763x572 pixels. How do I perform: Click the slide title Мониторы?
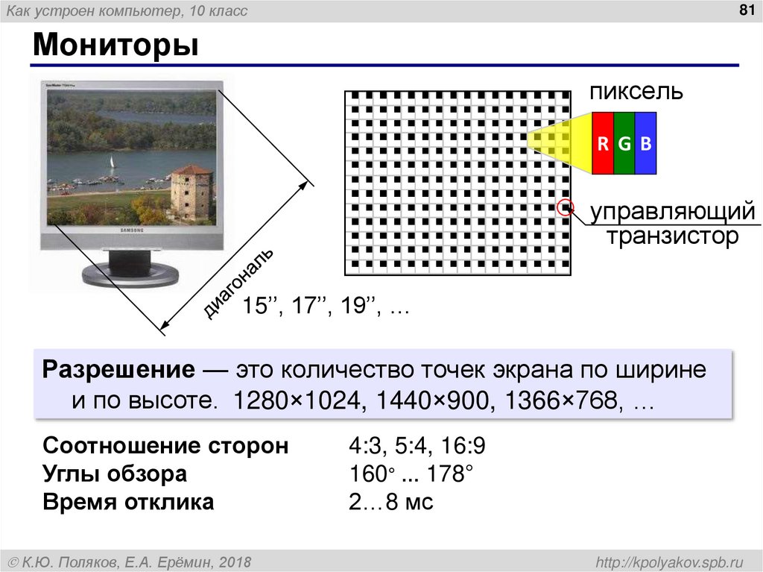115,46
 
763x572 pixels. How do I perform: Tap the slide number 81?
743,10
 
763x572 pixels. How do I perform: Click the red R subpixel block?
603,143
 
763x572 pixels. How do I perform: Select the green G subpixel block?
624,143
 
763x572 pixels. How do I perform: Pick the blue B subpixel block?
645,143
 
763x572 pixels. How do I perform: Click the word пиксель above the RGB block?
636,92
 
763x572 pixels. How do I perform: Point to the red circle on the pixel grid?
566,208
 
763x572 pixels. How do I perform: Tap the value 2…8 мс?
390,502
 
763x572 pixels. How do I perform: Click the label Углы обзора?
115,474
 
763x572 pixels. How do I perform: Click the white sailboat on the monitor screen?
112,162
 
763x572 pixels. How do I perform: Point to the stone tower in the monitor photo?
191,192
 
